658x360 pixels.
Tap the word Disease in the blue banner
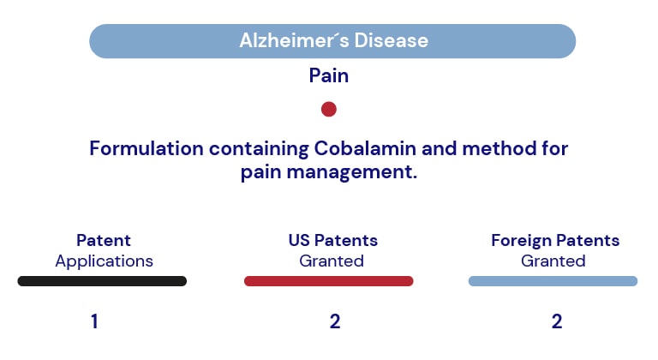pyautogui.click(x=391, y=41)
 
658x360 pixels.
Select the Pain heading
pyautogui.click(x=329, y=76)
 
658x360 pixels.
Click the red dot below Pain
pyautogui.click(x=329, y=109)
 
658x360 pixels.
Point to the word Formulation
pyautogui.click(x=147, y=148)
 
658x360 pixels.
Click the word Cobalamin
pyautogui.click(x=365, y=148)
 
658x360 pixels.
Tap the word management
pyautogui.click(x=351, y=172)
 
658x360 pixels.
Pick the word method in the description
pyautogui.click(x=501, y=148)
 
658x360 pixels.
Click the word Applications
pyautogui.click(x=104, y=261)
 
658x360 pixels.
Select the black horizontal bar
pyautogui.click(x=102, y=281)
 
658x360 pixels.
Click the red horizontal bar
pyautogui.click(x=329, y=281)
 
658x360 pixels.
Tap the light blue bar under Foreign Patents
pyautogui.click(x=553, y=281)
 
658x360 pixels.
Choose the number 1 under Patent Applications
pyautogui.click(x=94, y=321)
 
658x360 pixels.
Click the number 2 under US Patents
pyautogui.click(x=335, y=321)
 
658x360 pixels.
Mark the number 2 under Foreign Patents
pyautogui.click(x=557, y=321)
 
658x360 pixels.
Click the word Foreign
pyautogui.click(x=522, y=241)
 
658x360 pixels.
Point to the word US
pyautogui.click(x=299, y=241)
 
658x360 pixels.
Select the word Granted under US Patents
pyautogui.click(x=332, y=261)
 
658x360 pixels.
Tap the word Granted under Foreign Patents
pyautogui.click(x=553, y=261)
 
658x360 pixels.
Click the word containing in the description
pyautogui.click(x=259, y=149)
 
